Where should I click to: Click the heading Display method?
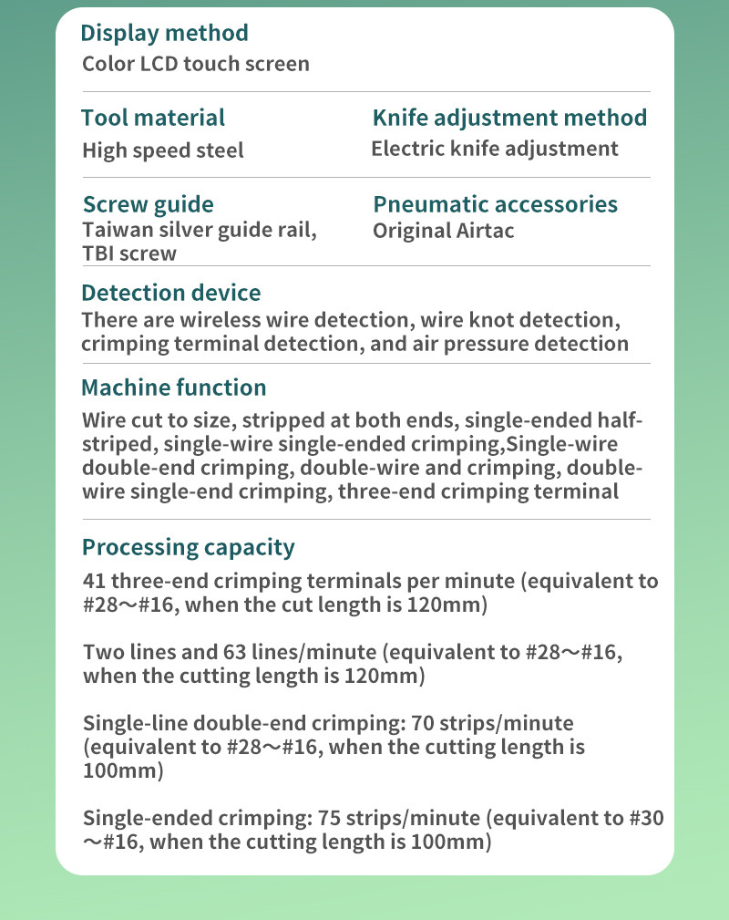coord(164,34)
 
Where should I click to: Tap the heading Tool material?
coord(152,118)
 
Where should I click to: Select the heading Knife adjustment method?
coord(509,118)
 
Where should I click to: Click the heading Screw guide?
coord(149,204)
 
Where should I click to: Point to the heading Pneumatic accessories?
coord(495,204)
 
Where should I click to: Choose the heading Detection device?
coord(170,293)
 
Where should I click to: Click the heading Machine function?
coord(174,388)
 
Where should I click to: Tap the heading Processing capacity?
coord(189,547)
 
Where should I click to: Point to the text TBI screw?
coord(129,253)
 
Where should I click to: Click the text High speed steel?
coord(163,150)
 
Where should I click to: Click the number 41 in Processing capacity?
coord(93,582)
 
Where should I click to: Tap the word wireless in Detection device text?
coord(228,321)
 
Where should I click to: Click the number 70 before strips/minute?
coord(424,724)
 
